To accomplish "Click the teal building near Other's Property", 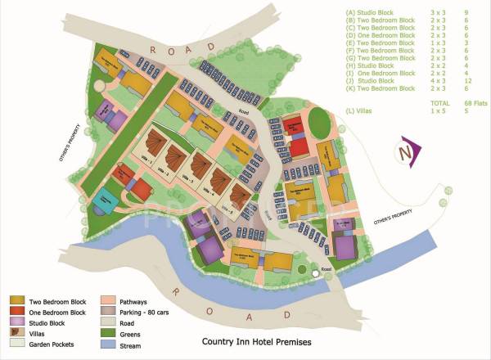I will click(x=105, y=199).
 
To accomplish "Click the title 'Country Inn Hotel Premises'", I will click(x=257, y=341).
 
